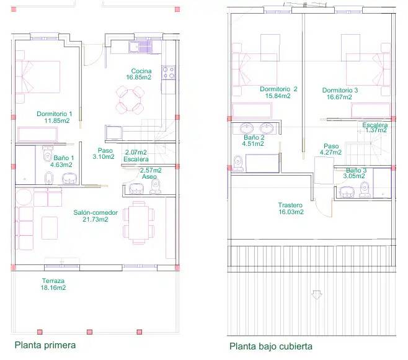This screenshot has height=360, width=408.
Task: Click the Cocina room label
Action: pos(141,71)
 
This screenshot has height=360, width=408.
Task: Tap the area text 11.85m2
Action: pos(57,120)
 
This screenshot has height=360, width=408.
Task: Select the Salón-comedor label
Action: pos(95,212)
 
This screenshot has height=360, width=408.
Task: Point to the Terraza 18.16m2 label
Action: pos(53,284)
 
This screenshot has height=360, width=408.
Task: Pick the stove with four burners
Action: pos(169,73)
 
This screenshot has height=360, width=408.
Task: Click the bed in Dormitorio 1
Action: pos(38,77)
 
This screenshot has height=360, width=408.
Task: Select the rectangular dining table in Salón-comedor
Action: pos(139,223)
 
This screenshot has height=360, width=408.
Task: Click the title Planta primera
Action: pos(45,345)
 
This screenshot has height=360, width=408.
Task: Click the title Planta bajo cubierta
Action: pos(271,346)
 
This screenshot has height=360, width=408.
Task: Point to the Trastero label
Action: pos(290,205)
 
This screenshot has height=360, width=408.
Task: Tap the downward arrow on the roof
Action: pos(316,295)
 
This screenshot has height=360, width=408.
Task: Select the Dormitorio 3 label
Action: pos(340,91)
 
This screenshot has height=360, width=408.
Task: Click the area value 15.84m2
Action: pos(278,96)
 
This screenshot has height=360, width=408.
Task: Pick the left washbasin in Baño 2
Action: pos(246,128)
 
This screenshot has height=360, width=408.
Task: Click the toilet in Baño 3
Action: pos(365,189)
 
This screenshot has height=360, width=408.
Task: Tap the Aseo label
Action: pos(149,177)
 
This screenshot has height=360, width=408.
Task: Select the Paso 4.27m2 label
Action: pos(330,149)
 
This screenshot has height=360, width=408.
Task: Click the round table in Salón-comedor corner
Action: pos(24,197)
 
